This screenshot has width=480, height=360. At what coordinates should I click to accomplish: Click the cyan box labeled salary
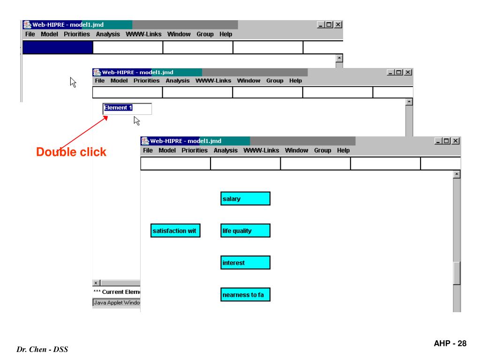[245, 199]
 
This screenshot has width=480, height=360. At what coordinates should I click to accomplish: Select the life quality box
[245, 231]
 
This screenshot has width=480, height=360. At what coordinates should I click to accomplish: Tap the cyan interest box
[245, 263]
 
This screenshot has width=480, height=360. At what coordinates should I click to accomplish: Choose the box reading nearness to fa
[245, 295]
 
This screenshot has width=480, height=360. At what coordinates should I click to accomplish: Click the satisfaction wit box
[176, 231]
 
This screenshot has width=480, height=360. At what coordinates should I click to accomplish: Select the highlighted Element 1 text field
[127, 108]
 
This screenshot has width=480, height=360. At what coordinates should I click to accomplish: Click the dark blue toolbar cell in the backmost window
[58, 47]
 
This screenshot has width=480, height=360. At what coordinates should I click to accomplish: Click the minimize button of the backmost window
[322, 25]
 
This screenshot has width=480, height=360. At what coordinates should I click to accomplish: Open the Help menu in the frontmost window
[344, 150]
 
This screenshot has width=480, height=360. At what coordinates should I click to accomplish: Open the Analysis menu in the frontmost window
[226, 150]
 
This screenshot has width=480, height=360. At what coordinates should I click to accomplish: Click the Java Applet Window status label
[116, 303]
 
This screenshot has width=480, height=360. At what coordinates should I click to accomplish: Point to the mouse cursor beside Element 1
[137, 121]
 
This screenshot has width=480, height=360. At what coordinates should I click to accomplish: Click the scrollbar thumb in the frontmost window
[457, 273]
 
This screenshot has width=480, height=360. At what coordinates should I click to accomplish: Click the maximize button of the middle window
[400, 72]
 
